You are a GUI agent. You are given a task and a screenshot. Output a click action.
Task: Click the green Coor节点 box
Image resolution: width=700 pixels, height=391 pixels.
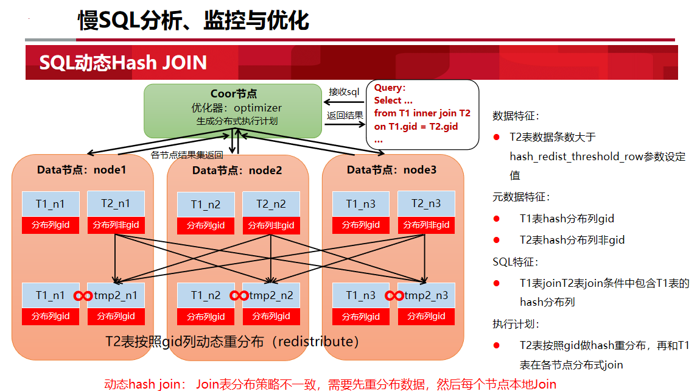click(233, 111)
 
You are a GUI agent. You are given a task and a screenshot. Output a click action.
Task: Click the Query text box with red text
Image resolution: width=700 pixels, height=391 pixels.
click(422, 114)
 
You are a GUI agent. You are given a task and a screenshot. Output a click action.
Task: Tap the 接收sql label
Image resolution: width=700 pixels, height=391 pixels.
click(344, 92)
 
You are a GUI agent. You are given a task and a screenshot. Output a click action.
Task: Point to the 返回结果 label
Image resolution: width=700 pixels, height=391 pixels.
click(345, 115)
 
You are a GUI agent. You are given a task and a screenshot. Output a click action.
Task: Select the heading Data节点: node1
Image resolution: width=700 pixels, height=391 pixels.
click(82, 170)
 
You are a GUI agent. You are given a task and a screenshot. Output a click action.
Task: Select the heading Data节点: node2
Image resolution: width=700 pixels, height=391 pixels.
click(237, 171)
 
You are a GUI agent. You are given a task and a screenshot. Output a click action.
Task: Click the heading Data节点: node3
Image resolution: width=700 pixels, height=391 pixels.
click(391, 170)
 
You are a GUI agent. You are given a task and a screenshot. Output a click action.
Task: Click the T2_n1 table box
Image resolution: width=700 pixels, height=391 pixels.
click(116, 204)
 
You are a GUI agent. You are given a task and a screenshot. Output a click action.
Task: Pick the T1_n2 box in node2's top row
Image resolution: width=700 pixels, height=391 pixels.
click(206, 205)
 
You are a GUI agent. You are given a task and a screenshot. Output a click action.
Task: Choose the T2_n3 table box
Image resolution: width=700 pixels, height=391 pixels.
click(426, 204)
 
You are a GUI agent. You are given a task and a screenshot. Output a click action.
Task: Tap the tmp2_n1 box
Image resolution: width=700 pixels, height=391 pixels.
click(116, 295)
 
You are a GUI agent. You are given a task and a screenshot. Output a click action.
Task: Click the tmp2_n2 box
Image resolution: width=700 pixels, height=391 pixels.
click(271, 295)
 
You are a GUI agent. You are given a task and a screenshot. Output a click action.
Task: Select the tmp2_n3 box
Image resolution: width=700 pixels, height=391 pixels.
click(426, 295)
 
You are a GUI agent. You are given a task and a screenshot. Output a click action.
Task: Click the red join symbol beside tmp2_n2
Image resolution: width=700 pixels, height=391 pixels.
click(239, 296)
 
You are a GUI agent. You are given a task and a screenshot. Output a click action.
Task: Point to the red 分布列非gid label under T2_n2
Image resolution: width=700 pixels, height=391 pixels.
click(271, 226)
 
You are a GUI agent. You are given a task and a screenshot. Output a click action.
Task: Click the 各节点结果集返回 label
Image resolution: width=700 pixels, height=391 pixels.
click(187, 155)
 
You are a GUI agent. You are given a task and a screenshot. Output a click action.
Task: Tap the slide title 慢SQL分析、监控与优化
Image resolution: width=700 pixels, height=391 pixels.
click(194, 21)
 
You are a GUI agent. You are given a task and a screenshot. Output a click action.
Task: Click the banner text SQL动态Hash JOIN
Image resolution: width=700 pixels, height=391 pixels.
click(123, 63)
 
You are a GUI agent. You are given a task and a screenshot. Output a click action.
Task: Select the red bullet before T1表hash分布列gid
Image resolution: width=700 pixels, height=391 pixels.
click(497, 219)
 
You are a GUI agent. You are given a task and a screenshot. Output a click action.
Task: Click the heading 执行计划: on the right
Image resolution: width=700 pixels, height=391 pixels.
click(516, 324)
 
